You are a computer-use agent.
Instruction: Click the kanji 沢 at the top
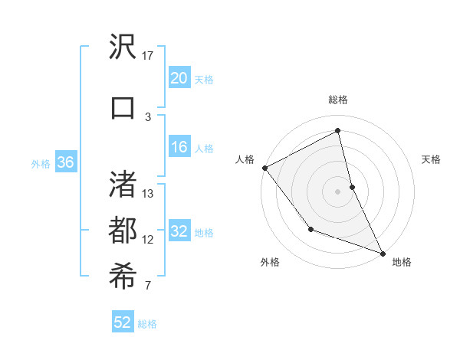point(123,48)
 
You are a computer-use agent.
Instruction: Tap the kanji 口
point(123,107)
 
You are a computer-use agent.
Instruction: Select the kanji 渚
point(123,185)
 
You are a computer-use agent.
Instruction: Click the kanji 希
point(123,277)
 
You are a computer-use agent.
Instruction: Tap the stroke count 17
point(148,56)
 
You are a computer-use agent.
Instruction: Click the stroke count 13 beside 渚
point(148,194)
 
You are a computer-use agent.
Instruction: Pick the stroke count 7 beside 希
point(148,286)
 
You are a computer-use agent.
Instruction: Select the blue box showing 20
point(179,78)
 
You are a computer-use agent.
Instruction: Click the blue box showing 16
point(179,148)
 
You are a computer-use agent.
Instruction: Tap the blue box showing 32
point(179,232)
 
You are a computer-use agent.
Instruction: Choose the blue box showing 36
point(65,162)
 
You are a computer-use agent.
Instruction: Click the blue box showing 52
point(123,322)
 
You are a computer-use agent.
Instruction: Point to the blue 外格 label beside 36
point(40,163)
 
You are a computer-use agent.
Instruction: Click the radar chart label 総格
point(338,100)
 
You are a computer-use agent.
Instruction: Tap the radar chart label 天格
point(431,159)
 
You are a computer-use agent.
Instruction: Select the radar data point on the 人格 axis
point(264,168)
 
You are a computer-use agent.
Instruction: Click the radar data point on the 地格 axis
point(383,253)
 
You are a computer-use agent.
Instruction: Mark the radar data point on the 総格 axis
point(338,130)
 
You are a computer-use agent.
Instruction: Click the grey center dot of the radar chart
point(338,191)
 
